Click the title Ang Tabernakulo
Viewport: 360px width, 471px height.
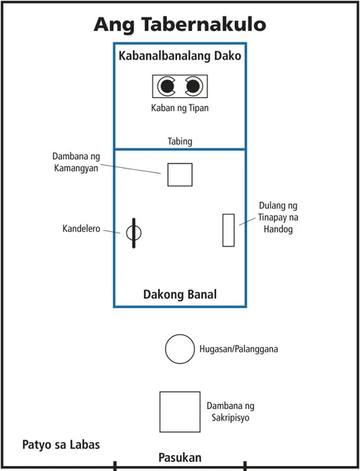click(x=180, y=24)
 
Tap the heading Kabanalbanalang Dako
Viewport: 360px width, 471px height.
click(x=179, y=55)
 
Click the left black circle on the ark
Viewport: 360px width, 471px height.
click(x=167, y=87)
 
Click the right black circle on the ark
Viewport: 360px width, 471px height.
click(x=192, y=87)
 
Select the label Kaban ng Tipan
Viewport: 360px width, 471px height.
click(x=179, y=109)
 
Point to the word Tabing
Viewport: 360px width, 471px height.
click(x=179, y=141)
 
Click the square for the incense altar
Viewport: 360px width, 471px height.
click(x=179, y=174)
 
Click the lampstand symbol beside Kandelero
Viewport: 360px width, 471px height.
click(x=134, y=233)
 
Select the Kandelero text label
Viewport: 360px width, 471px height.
click(x=81, y=230)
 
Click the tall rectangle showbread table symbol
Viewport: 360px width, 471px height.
click(x=228, y=230)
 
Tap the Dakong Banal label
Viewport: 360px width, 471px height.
click(x=179, y=295)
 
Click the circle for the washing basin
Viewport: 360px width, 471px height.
click(x=179, y=349)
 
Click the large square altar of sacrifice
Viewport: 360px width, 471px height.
click(x=179, y=412)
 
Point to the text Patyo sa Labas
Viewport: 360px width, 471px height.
click(x=60, y=444)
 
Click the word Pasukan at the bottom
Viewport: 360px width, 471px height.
click(x=180, y=458)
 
